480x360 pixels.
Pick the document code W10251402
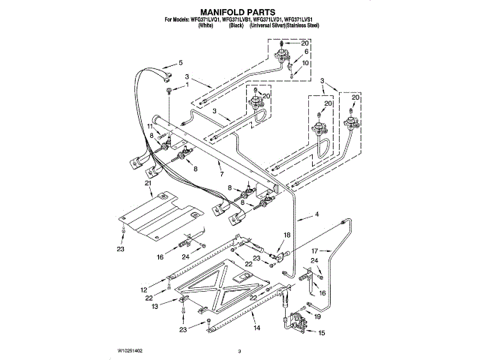[130, 350]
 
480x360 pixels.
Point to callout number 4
[316, 216]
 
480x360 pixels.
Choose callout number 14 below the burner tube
[256, 328]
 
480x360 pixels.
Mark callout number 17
[315, 250]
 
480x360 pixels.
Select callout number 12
[144, 289]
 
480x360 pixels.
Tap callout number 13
[154, 307]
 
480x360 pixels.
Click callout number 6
[306, 53]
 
